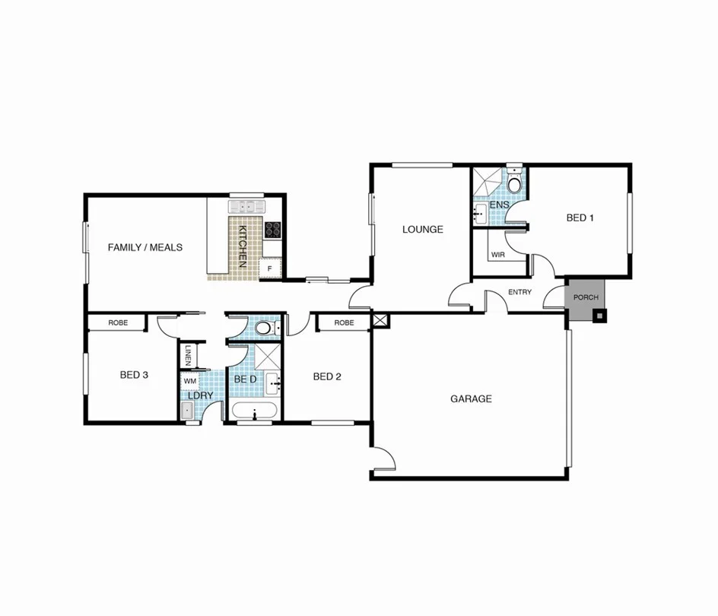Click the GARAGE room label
pos(471,398)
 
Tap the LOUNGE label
pos(422,229)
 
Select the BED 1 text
pos(580,218)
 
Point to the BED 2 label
pos(326,376)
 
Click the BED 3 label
pos(134,374)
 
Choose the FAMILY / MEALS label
pos(145,247)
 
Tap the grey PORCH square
pos(585,297)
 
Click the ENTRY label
pos(519,292)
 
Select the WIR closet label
pos(498,255)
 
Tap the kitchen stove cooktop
pos(273,229)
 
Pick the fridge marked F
pos(269,268)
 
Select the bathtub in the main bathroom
pos(255,413)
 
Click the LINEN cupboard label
pos(188,356)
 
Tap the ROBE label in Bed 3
pos(118,322)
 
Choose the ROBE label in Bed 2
pos(344,322)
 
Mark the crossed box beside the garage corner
pos(380,320)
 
